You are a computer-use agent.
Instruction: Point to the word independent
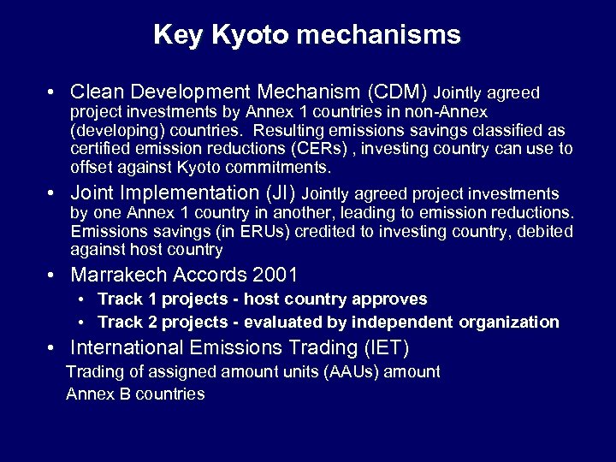click(401, 323)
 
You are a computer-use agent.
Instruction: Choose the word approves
click(390, 299)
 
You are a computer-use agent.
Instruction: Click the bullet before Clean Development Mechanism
click(53, 92)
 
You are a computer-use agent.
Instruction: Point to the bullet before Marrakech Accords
click(53, 275)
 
